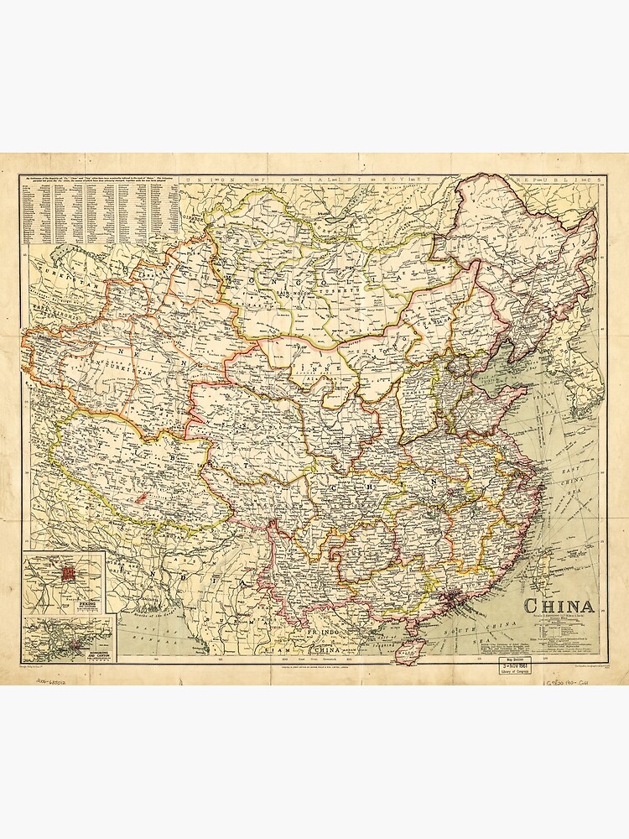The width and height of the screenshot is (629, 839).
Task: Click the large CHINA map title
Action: pyautogui.click(x=559, y=606)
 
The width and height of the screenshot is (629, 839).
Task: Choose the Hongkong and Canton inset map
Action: pyautogui.click(x=69, y=639)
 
